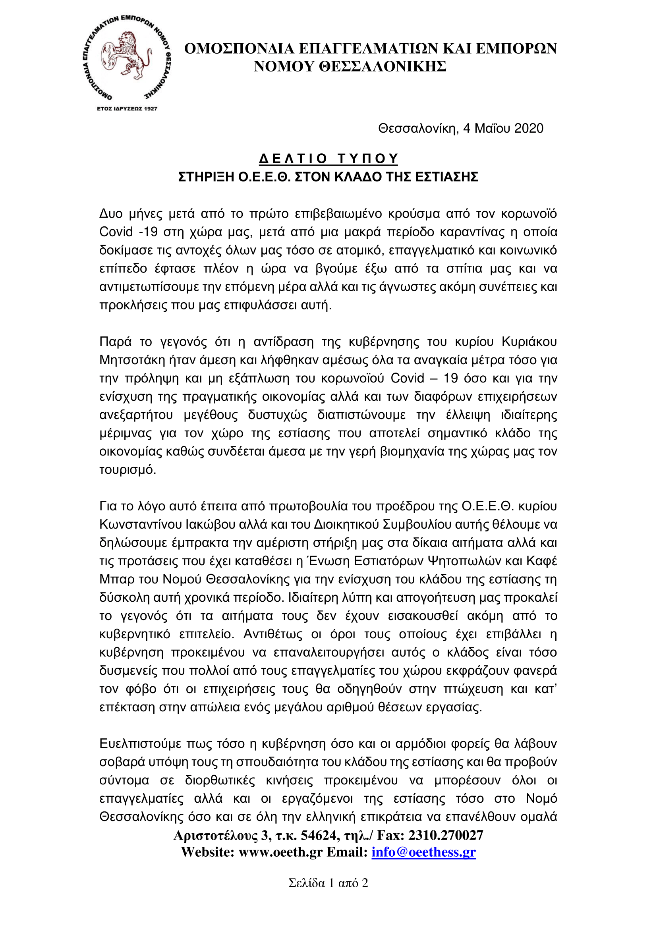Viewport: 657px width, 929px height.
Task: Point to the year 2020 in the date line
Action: (x=529, y=129)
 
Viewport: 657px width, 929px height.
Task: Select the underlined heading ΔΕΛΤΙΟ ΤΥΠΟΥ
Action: (x=328, y=158)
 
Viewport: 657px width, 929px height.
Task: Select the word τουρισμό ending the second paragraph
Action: (x=128, y=470)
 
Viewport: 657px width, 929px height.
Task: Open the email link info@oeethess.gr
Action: (x=423, y=852)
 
